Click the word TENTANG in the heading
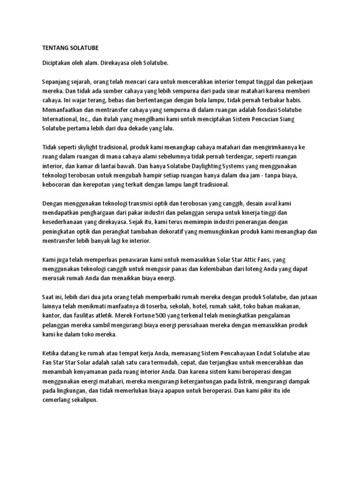point(52,47)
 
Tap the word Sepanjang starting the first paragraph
point(58,81)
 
